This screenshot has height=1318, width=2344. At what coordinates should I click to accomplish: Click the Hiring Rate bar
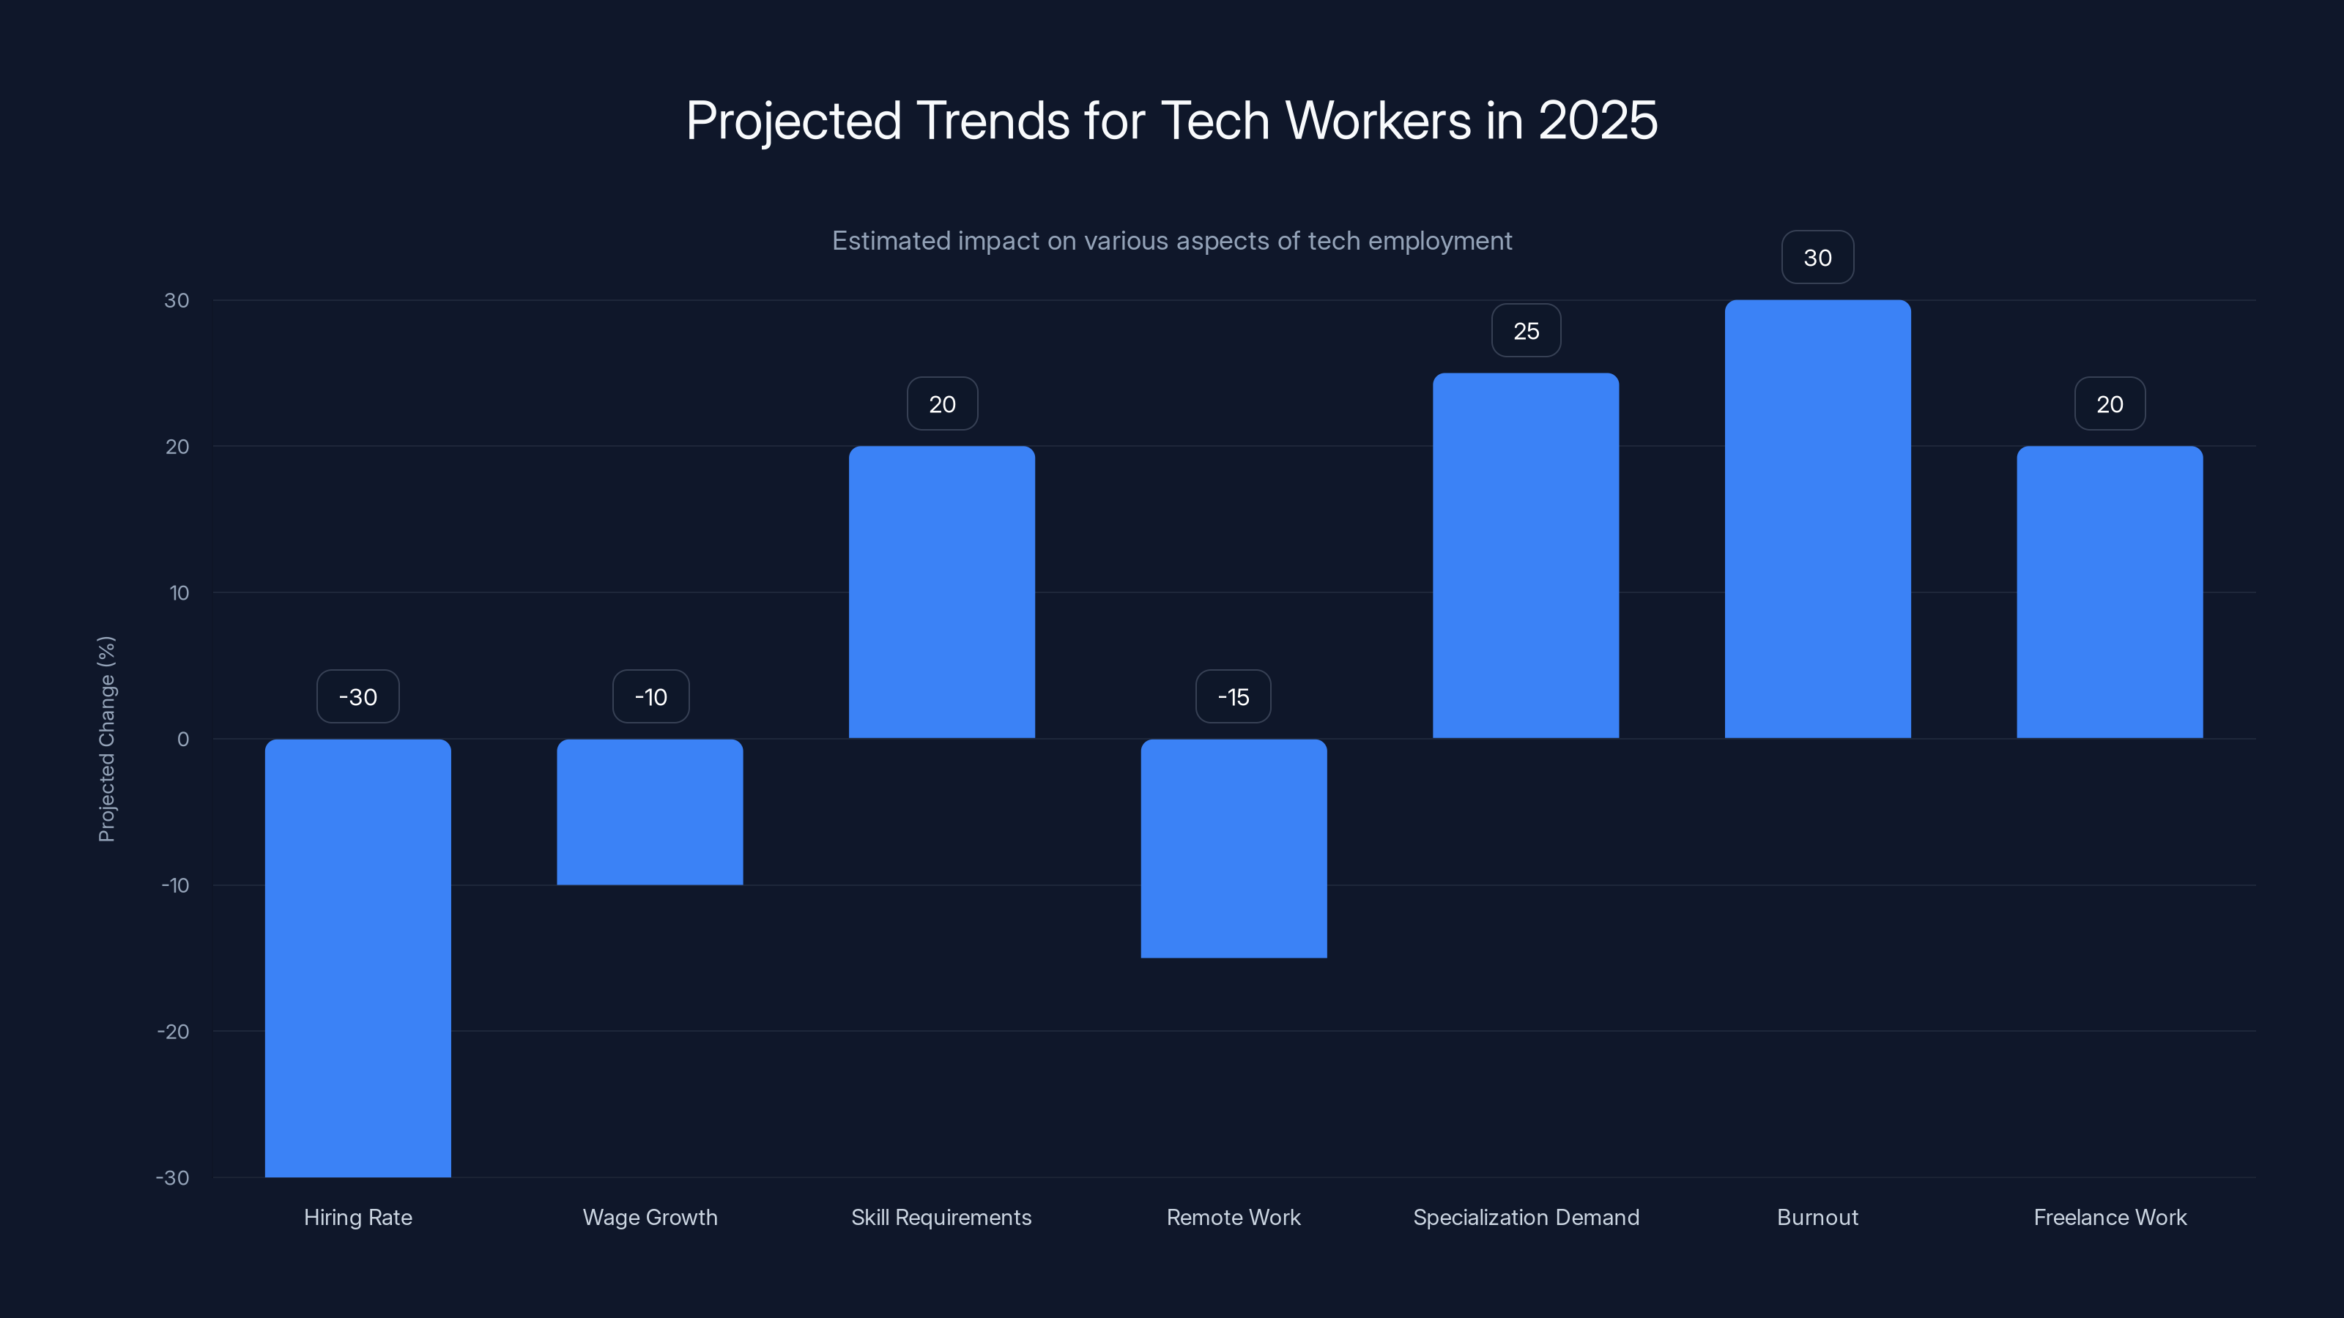pyautogui.click(x=357, y=957)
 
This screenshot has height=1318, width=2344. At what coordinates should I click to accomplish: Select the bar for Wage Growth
pyautogui.click(x=650, y=811)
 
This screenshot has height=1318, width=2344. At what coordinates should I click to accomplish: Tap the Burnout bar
pyautogui.click(x=1817, y=518)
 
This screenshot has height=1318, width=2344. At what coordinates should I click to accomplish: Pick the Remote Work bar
pyautogui.click(x=1233, y=848)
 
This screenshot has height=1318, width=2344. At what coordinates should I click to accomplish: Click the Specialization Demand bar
pyautogui.click(x=1525, y=555)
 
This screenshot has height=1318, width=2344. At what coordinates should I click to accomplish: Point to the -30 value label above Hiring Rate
pyautogui.click(x=357, y=697)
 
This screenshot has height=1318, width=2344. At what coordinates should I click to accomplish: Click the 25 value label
pyautogui.click(x=1526, y=331)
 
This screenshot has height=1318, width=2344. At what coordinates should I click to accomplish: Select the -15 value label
pyautogui.click(x=1233, y=697)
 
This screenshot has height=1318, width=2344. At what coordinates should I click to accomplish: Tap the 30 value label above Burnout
pyautogui.click(x=1817, y=258)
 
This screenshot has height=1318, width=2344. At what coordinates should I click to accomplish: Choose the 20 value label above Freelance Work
pyautogui.click(x=2110, y=404)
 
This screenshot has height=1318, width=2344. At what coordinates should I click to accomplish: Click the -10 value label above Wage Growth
pyautogui.click(x=650, y=697)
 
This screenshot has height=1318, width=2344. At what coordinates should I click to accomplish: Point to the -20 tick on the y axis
pyautogui.click(x=173, y=1032)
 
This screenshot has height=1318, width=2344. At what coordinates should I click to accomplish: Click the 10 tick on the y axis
pyautogui.click(x=179, y=593)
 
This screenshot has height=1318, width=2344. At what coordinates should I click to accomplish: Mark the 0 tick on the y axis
pyautogui.click(x=183, y=740)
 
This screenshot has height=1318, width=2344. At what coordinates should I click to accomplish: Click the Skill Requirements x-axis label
pyautogui.click(x=941, y=1217)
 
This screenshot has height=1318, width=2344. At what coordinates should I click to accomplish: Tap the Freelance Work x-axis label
pyautogui.click(x=2110, y=1217)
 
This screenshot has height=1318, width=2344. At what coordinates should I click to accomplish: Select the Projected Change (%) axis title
pyautogui.click(x=106, y=739)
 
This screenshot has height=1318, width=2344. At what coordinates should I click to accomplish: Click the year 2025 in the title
pyautogui.click(x=1597, y=120)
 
